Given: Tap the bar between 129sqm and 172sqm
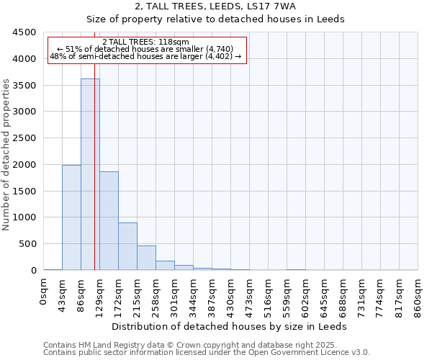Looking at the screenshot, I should pos(109,220).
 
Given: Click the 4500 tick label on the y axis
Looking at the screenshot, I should pos(24,32).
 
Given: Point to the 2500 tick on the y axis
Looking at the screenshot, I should pos(24,138).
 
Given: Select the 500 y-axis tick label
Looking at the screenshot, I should pos(27,244).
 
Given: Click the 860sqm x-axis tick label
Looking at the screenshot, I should pos(418,296).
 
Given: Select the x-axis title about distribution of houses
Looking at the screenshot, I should pos(230,326).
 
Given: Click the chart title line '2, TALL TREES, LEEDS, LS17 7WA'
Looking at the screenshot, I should pos(215,7).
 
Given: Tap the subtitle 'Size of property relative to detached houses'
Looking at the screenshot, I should pos(215,19).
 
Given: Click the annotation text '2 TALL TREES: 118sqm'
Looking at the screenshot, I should pos(145,42).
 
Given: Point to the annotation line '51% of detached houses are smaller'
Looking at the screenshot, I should pos(145,49).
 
